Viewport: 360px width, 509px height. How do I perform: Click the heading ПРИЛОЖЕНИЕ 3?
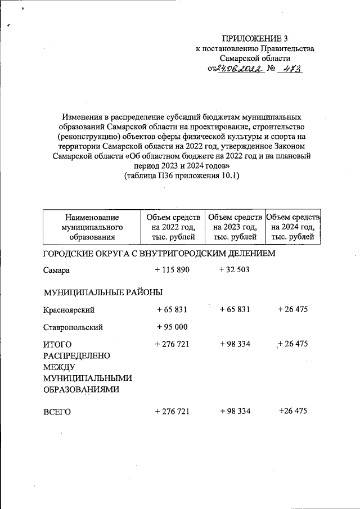[x=254, y=39]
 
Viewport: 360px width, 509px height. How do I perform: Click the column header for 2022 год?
[x=173, y=227]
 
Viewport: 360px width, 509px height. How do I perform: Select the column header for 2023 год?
[x=235, y=227]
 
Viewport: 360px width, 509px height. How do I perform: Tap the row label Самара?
[x=56, y=271]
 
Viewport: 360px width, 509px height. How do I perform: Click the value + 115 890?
[x=172, y=270]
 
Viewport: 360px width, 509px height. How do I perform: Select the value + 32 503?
[x=235, y=270]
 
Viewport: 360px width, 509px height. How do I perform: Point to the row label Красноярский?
[x=68, y=310]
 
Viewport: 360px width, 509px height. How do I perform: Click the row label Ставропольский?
[x=73, y=327]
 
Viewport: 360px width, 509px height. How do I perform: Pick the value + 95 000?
[x=172, y=327]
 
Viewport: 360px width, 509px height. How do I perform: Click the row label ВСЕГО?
[x=57, y=412]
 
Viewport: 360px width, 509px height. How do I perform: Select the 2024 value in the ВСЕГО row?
[x=292, y=411]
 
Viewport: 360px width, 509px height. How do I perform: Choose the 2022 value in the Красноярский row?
[x=172, y=310]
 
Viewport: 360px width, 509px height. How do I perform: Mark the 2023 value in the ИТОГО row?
[x=235, y=344]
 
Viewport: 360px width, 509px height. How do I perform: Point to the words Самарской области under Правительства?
[x=255, y=58]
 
